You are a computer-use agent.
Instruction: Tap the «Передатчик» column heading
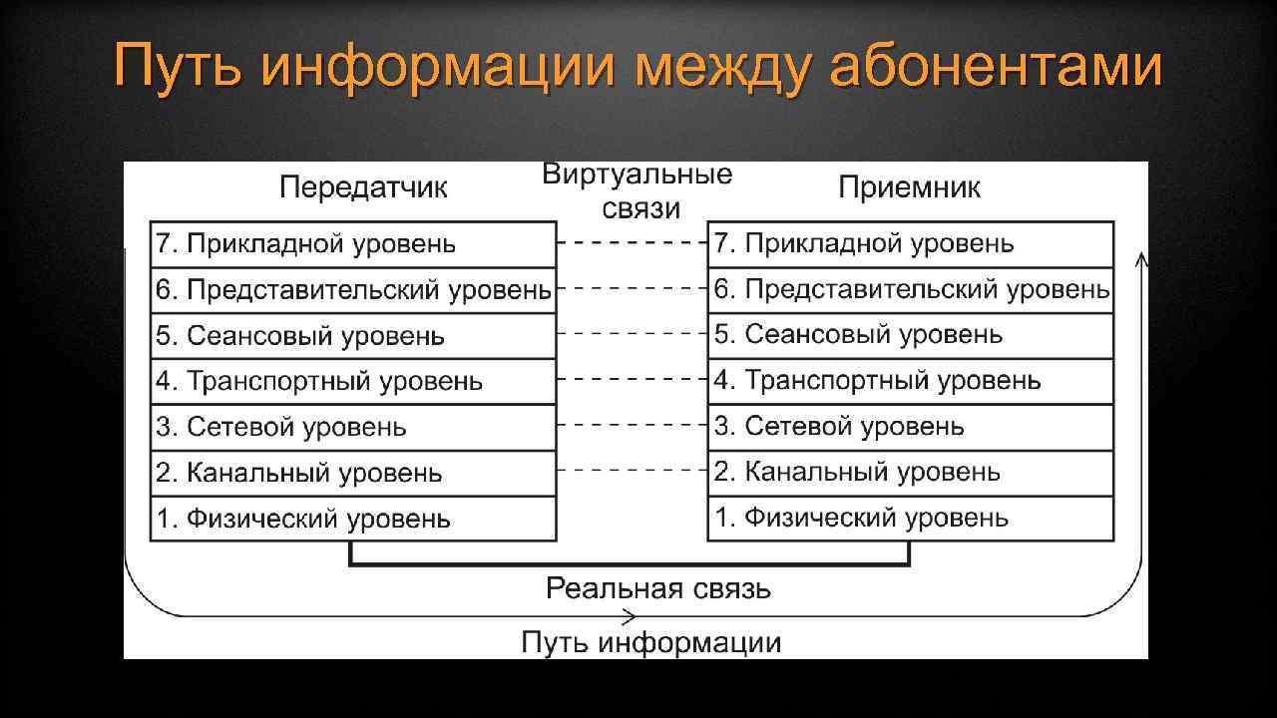tap(363, 187)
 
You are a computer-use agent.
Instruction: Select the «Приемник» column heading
tap(909, 187)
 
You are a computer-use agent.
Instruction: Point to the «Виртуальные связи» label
tap(638, 191)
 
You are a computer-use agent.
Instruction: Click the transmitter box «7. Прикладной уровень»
tap(353, 244)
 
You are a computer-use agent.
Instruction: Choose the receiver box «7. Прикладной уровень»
tap(910, 244)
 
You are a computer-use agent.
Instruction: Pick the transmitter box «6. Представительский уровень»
tap(353, 290)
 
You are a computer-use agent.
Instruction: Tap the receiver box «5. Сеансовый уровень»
tap(910, 336)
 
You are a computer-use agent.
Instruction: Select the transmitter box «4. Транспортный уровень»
tap(353, 382)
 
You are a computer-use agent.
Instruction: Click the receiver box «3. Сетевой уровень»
tap(910, 428)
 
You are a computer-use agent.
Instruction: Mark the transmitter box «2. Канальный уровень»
tap(353, 474)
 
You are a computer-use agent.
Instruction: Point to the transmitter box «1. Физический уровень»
tap(353, 519)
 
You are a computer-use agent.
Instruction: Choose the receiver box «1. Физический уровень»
tap(910, 519)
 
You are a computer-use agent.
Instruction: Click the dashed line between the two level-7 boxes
tap(632, 242)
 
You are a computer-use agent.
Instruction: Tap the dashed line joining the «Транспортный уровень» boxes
tap(632, 379)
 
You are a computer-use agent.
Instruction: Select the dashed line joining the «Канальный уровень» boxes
tap(632, 470)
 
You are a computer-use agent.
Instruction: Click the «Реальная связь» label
tap(657, 588)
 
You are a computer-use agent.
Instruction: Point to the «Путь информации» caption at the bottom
tap(650, 642)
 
